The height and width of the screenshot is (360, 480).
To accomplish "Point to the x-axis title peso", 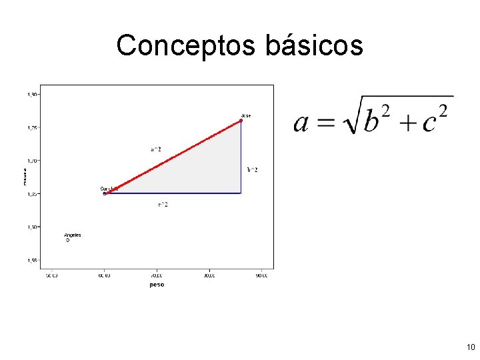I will pyautogui.click(x=157, y=285).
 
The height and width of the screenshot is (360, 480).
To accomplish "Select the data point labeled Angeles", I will pyautogui.click(x=67, y=240).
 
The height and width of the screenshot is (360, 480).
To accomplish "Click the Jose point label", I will pyautogui.click(x=246, y=116).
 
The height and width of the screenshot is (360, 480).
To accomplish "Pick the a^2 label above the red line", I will pyautogui.click(x=155, y=149).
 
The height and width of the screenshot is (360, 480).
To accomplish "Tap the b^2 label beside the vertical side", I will pyautogui.click(x=252, y=170).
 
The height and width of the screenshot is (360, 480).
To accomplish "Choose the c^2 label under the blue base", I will pyautogui.click(x=163, y=205).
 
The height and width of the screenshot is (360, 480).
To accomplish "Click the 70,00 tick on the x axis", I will pyautogui.click(x=157, y=275).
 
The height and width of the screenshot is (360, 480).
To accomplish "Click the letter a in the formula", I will pyautogui.click(x=302, y=122).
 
